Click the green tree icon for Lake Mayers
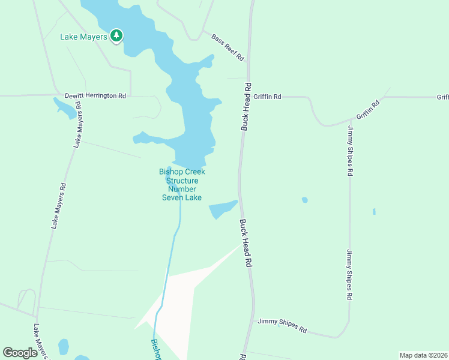pyautogui.click(x=116, y=37)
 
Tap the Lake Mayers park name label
pyautogui.click(x=83, y=37)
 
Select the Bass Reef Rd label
pyautogui.click(x=228, y=47)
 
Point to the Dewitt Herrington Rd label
pyautogui.click(x=96, y=95)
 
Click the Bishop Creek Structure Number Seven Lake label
pyautogui.click(x=182, y=184)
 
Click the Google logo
pyautogui.click(x=20, y=353)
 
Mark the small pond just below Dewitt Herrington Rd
pyautogui.click(x=65, y=108)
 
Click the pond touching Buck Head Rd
pyautogui.click(x=223, y=209)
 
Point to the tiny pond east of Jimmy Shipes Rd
pyautogui.click(x=374, y=211)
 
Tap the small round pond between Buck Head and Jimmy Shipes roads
pyautogui.click(x=305, y=200)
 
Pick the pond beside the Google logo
pyautogui.click(x=64, y=347)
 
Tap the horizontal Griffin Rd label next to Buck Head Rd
pyautogui.click(x=267, y=96)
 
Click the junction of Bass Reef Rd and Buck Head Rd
pyautogui.click(x=248, y=61)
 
